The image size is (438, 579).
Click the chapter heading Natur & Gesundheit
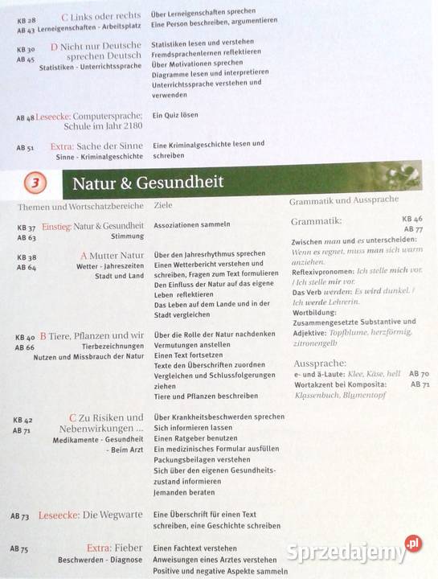coord(148,183)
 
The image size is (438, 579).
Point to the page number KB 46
coord(412,219)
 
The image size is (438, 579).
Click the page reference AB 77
coord(414,229)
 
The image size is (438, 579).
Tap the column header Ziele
coord(162,206)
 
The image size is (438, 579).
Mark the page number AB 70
coord(418,374)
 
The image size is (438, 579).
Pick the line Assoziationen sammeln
coord(191,224)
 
